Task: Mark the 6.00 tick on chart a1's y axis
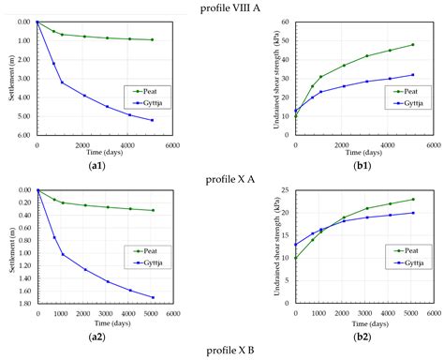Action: [22, 135]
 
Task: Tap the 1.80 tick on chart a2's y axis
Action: [22, 304]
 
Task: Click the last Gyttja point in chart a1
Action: [152, 120]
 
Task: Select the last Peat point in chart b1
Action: [411, 44]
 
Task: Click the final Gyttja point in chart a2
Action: [152, 297]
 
